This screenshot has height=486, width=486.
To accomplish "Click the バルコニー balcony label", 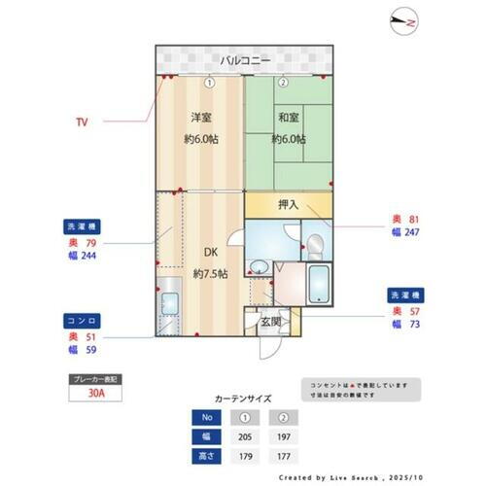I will (244, 60).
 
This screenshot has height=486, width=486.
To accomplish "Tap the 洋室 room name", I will (200, 118).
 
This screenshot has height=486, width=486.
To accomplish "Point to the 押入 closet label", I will (288, 204).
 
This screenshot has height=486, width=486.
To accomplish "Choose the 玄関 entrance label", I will (270, 322).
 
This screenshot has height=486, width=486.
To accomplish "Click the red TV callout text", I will (82, 122).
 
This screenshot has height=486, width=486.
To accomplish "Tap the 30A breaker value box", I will (96, 395).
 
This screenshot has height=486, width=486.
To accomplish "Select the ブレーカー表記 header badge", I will (96, 378).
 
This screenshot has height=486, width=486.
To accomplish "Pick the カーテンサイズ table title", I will (243, 399).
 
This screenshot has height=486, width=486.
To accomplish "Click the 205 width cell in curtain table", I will (243, 436).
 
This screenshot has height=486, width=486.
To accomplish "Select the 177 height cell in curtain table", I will (284, 454).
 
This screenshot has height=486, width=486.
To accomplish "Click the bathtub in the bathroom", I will (320, 283).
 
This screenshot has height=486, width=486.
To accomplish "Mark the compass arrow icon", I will (404, 19).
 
